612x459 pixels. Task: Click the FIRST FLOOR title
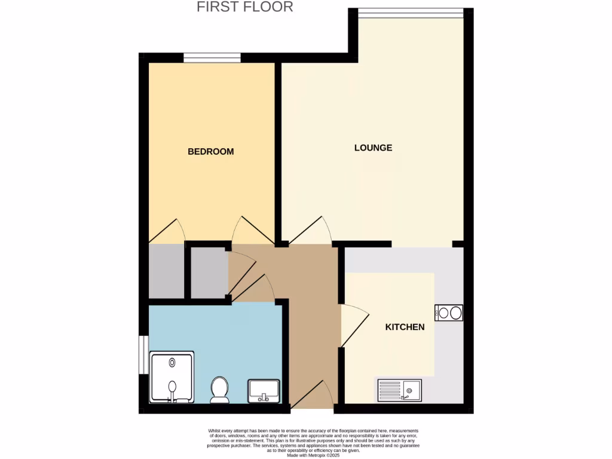245,7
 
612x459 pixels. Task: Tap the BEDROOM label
210,152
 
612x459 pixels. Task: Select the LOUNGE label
373,148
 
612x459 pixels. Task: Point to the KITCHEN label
405,327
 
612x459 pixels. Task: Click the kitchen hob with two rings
449,313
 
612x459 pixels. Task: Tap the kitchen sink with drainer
399,391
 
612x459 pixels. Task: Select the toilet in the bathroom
219,390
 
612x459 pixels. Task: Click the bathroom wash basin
264,391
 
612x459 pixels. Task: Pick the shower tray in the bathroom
172,377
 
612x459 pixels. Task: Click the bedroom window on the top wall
212,58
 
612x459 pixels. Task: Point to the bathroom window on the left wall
143,355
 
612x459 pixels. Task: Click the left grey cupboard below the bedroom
166,271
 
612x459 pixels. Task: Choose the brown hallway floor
311,311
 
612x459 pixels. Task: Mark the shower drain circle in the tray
173,362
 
